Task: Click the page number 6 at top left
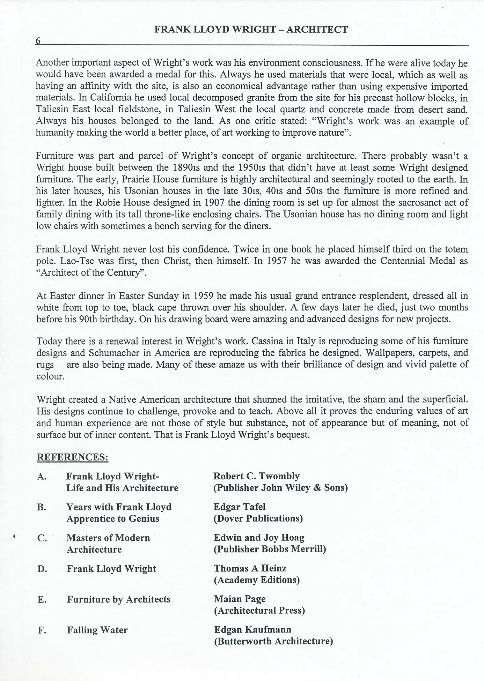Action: (x=38, y=41)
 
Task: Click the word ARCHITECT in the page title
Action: (x=317, y=30)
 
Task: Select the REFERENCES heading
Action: (x=73, y=457)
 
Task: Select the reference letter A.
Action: (x=42, y=477)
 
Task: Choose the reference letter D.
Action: (x=42, y=569)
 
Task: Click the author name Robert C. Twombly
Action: (x=257, y=476)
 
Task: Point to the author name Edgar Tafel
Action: (x=240, y=507)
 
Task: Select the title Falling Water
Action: (x=97, y=630)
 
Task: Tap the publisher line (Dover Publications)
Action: (x=258, y=518)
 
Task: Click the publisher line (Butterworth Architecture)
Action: (x=273, y=641)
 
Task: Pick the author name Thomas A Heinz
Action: (x=250, y=568)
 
